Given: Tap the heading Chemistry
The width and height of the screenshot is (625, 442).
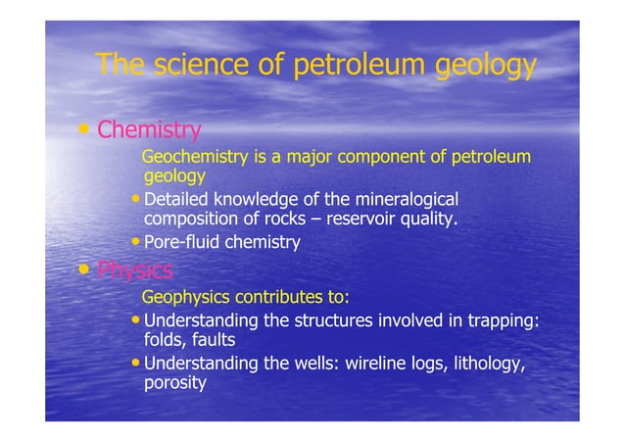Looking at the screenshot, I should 150,129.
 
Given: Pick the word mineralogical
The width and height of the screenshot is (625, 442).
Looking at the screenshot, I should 399,199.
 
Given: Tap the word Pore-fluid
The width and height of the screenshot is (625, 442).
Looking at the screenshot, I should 180,242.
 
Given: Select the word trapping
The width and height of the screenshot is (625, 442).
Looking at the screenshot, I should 501,319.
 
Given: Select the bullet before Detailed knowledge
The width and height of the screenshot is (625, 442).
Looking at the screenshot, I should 136,200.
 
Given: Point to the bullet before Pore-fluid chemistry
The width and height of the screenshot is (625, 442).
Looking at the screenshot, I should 136,242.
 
